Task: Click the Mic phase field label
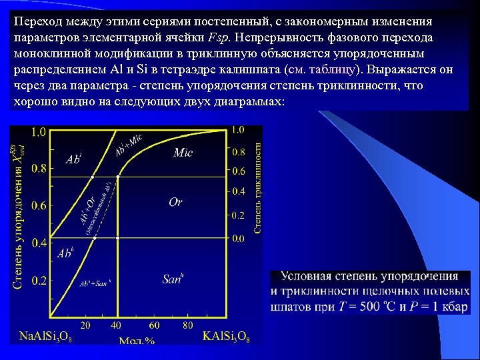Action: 183,153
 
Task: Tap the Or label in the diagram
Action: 175,201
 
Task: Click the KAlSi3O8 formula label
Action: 226,335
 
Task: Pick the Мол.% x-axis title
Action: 137,341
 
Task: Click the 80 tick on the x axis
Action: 188,325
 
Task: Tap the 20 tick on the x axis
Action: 86,325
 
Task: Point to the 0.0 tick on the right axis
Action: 237,238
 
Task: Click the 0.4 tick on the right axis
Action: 237,191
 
